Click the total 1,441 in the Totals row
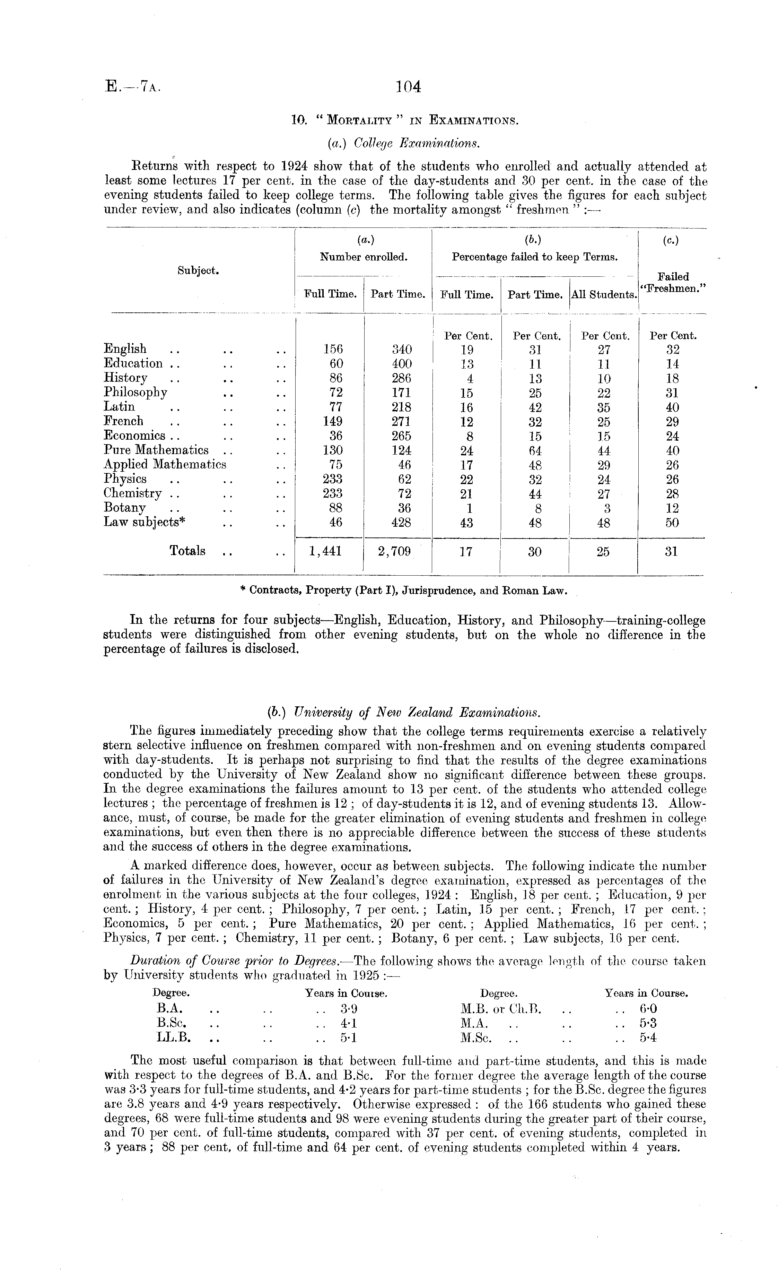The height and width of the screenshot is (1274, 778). [325, 552]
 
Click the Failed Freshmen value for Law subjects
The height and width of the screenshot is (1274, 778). [672, 522]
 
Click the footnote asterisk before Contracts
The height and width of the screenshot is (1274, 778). [243, 591]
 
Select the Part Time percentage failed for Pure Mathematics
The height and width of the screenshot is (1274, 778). [535, 450]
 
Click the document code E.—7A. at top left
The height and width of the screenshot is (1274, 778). [133, 86]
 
